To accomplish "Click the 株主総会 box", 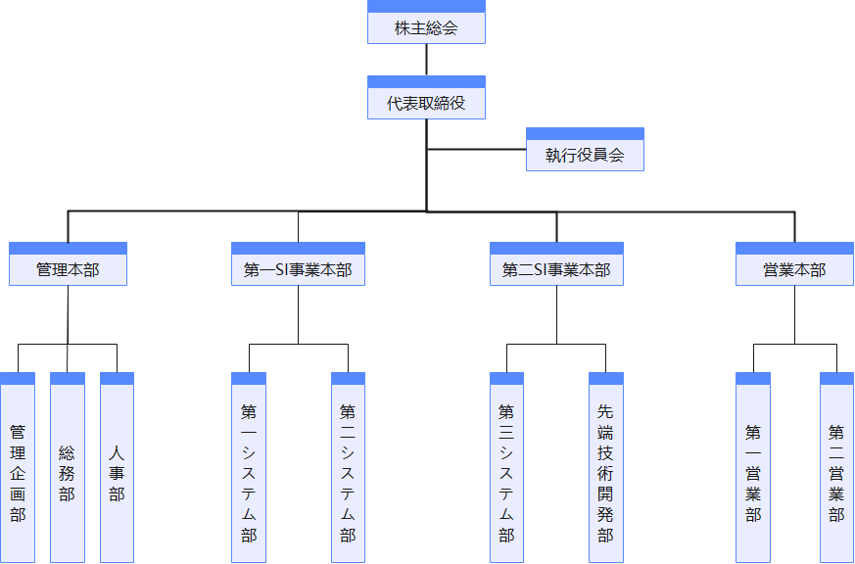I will [x=426, y=27].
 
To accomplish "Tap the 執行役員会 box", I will [x=585, y=155].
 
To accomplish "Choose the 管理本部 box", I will [x=68, y=269].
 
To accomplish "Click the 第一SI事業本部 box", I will [x=298, y=269].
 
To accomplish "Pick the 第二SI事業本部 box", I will [x=556, y=269].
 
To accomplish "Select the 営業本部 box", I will [x=794, y=269].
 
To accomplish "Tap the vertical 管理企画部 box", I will [x=18, y=473].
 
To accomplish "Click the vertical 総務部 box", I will [x=68, y=473].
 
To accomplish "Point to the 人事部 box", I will [x=117, y=473].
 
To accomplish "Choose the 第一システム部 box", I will [x=249, y=473].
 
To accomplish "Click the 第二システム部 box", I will [x=348, y=473].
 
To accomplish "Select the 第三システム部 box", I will [x=506, y=473].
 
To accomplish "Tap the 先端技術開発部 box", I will [x=605, y=473].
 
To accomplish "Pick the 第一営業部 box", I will [x=752, y=473].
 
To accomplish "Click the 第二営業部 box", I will [x=836, y=473].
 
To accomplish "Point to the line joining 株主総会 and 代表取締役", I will [x=426, y=60].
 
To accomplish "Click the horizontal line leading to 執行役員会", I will [x=476, y=149].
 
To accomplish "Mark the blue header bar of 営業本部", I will [x=794, y=248].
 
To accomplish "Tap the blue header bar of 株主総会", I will [x=426, y=6].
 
